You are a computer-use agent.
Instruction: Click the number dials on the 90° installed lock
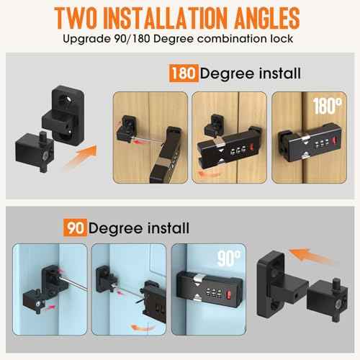[x=208, y=293]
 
